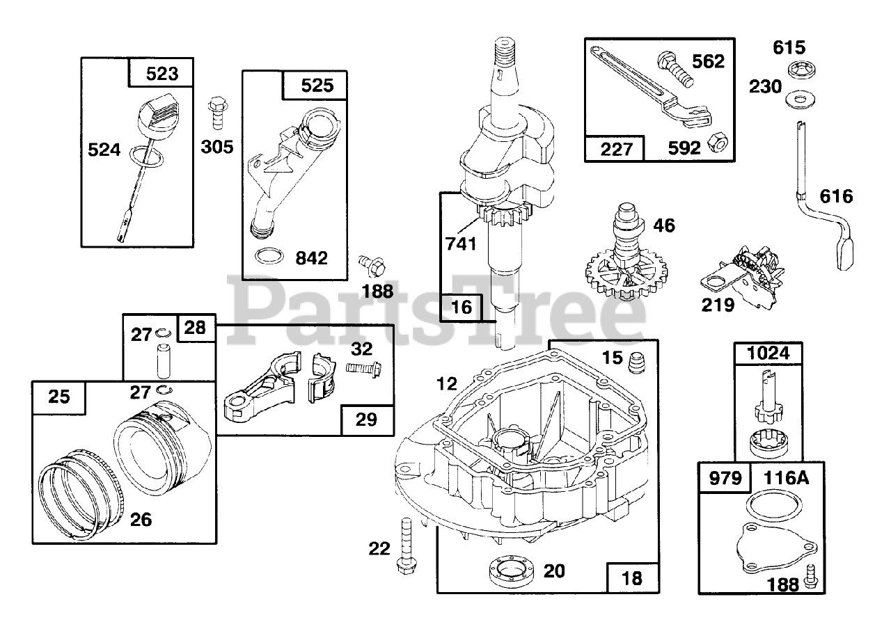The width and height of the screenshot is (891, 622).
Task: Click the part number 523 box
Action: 161,73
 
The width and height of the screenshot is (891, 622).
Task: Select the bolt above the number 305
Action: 215,113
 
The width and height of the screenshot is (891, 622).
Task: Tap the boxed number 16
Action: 461,306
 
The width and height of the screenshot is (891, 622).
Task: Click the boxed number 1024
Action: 768,353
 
